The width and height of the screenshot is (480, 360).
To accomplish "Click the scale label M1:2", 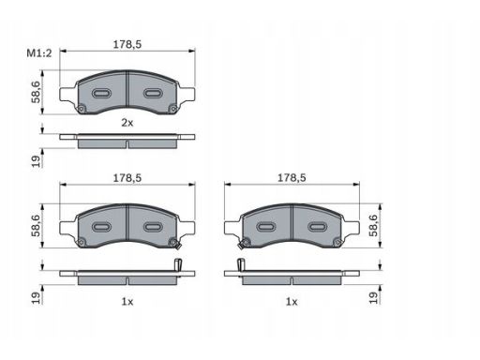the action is (39, 53).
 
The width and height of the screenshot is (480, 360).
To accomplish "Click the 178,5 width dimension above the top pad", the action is (127, 44).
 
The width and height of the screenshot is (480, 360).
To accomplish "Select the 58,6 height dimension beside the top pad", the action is (36, 92).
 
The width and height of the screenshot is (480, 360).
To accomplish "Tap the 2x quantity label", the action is (127, 123).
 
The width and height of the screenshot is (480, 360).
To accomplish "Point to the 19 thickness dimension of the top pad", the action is (36, 161).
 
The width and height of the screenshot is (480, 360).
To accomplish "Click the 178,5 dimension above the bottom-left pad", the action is (127, 178).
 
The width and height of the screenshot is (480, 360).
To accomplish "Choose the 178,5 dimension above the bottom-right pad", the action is (292, 178).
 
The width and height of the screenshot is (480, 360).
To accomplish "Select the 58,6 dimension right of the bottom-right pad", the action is (373, 225).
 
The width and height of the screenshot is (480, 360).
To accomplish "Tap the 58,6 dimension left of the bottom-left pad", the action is (36, 225).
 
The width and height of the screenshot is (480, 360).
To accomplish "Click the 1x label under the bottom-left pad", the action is (127, 302).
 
